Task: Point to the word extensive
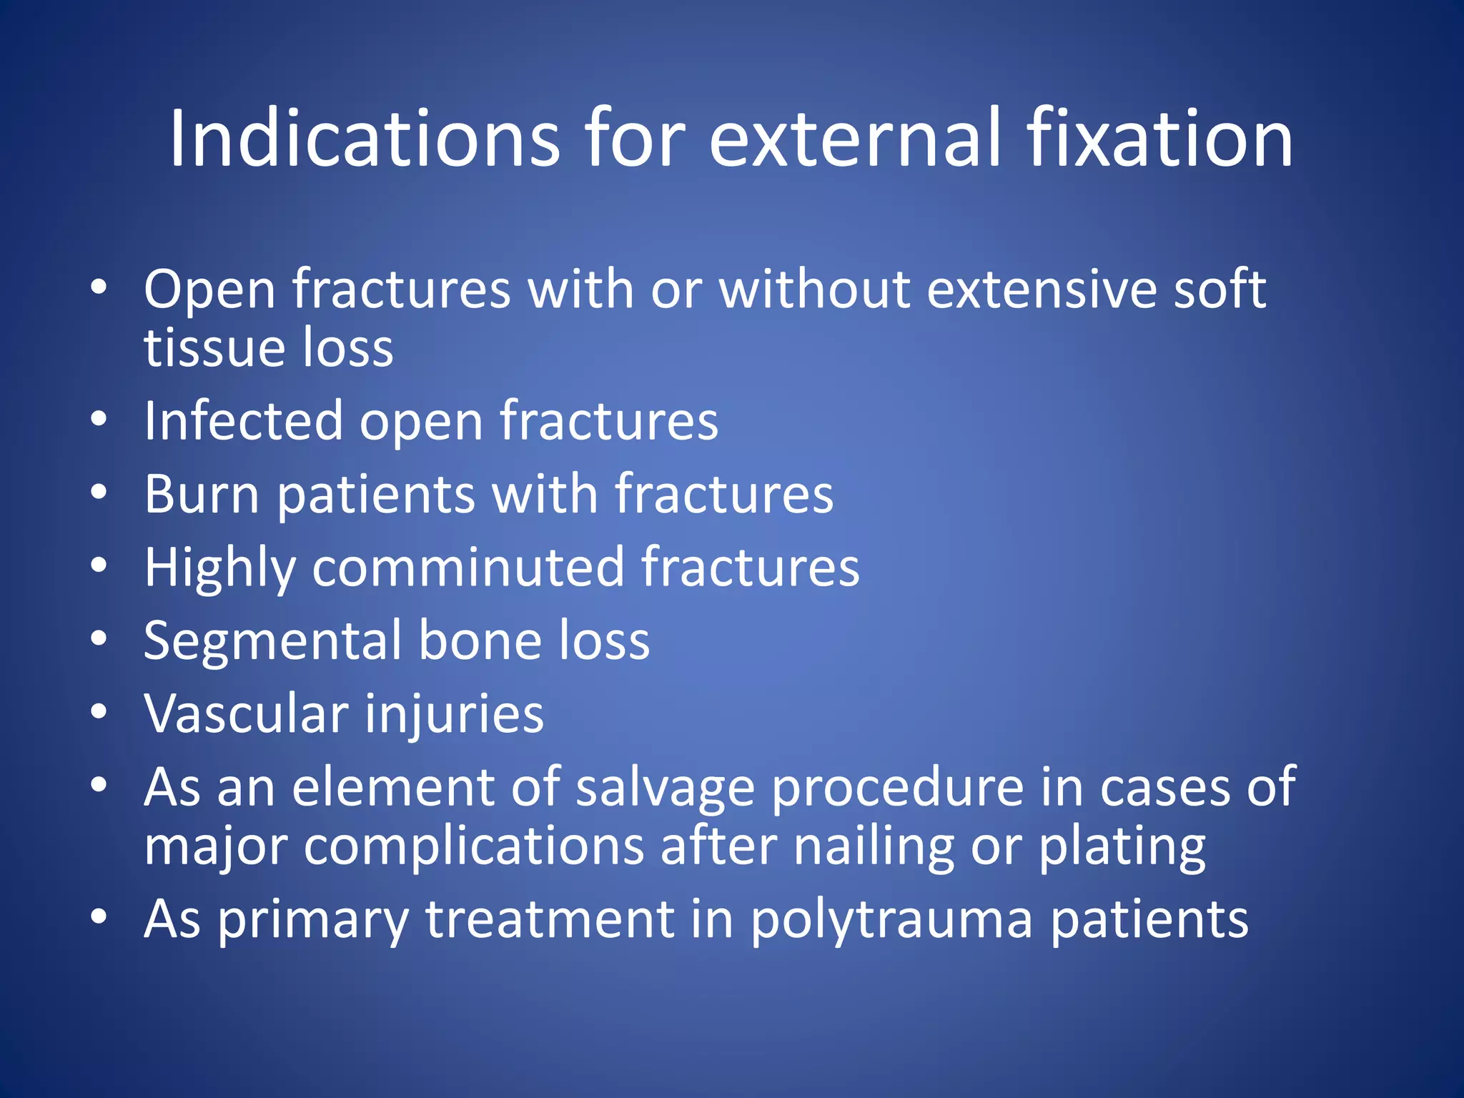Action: pos(1041,290)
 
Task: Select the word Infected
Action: pos(243,421)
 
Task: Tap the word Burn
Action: pos(202,494)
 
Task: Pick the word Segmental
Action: pos(272,640)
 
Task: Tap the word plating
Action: pos(1122,848)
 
